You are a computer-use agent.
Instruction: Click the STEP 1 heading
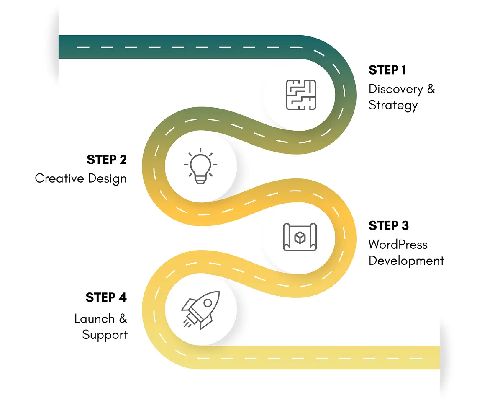387,70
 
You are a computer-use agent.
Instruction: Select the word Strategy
393,105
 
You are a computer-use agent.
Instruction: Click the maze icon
301,95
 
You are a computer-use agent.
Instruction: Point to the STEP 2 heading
107,160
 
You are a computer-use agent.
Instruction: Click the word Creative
59,178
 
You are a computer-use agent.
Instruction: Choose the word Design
107,179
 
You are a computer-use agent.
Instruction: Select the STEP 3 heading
388,226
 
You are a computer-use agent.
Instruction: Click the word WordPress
398,245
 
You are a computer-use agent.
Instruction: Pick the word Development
406,261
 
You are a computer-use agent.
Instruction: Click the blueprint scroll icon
300,237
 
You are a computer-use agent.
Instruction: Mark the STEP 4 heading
106,297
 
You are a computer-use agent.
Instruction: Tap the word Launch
94,319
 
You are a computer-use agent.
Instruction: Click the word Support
105,335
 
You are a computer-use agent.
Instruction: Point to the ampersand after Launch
122,319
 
